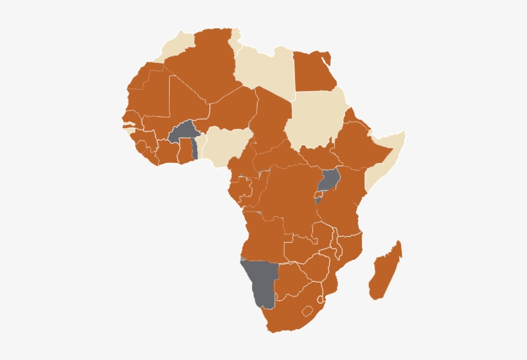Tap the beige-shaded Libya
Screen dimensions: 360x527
[263, 71]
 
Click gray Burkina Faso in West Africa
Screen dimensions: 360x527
[182, 132]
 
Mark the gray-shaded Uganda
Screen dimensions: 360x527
[330, 179]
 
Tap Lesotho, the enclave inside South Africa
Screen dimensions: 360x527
[308, 311]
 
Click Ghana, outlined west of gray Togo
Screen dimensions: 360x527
[186, 151]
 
